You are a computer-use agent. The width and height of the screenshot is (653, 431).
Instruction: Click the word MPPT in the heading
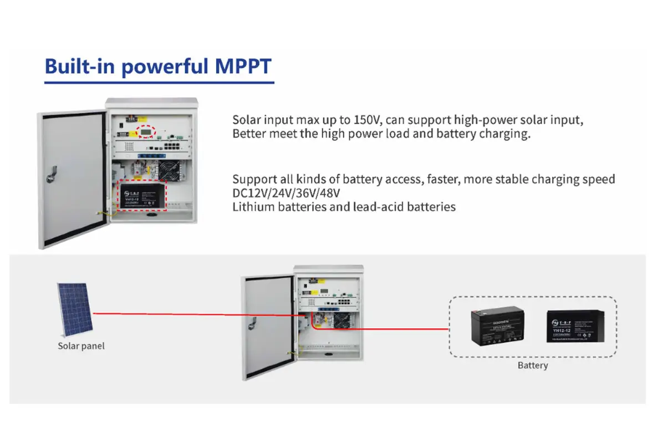coord(242,67)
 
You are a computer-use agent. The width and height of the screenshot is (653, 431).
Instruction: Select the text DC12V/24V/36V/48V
coord(285,193)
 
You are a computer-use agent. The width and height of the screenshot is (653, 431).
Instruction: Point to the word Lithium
coord(251,207)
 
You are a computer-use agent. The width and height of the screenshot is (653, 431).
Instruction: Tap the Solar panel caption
coord(81,346)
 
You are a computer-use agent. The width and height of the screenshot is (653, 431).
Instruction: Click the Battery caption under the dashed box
coord(532,366)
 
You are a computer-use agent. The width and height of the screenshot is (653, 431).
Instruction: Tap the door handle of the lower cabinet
coord(253,322)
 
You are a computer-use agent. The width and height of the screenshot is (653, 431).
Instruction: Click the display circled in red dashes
coord(146,131)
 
